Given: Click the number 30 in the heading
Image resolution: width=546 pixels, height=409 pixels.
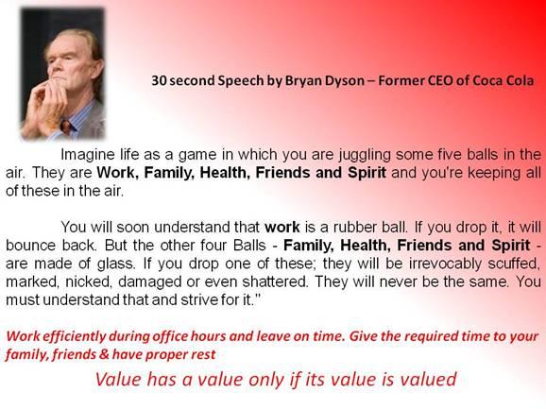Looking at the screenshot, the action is [x=159, y=80].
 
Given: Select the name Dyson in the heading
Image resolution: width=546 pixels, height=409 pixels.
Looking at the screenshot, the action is [x=345, y=81].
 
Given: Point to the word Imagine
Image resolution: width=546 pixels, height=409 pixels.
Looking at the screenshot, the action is [x=88, y=155].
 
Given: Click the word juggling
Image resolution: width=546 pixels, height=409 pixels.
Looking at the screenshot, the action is [x=365, y=155].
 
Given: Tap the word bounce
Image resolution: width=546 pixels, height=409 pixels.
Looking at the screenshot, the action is [x=30, y=246].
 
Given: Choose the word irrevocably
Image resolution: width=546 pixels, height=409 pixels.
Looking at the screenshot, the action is [x=446, y=264].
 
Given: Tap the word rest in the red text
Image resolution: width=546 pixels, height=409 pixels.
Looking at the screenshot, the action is [x=205, y=355].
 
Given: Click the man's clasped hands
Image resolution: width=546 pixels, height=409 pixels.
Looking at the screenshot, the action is [x=44, y=105].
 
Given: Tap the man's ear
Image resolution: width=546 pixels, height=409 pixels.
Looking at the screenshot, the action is [x=98, y=68].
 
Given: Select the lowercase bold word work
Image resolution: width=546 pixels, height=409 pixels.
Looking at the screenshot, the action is [x=282, y=228].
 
